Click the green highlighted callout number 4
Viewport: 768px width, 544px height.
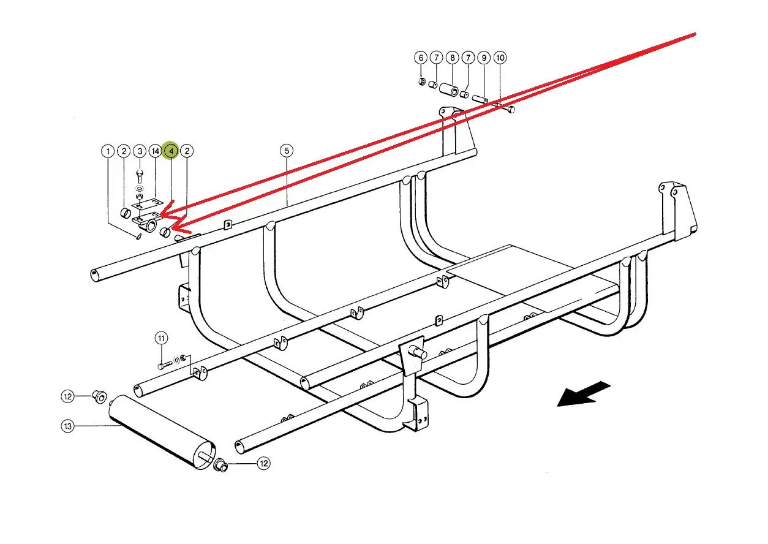[x=171, y=151]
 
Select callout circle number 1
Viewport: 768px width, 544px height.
[x=108, y=151]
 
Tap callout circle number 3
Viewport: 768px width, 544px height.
[x=140, y=151]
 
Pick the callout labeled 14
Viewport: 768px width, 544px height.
[x=156, y=151]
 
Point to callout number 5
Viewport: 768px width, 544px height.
[x=287, y=151]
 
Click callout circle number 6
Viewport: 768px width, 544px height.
[x=421, y=58]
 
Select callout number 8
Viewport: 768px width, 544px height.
[x=453, y=58]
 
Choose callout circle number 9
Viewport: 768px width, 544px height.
[x=484, y=58]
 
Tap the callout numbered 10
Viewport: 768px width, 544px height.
[x=500, y=58]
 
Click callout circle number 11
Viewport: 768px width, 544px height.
[x=162, y=338]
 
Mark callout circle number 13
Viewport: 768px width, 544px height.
[x=67, y=426]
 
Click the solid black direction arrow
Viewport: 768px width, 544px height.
[x=584, y=394]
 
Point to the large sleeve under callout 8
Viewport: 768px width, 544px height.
[x=449, y=89]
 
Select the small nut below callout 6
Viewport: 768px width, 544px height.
[x=423, y=81]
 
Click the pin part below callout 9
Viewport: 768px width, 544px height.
[x=480, y=99]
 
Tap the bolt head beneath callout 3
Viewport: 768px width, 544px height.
[x=140, y=176]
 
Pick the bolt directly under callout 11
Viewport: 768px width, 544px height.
[x=165, y=366]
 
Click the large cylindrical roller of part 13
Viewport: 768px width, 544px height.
[x=162, y=433]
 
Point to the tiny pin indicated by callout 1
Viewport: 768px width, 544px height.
[x=139, y=236]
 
